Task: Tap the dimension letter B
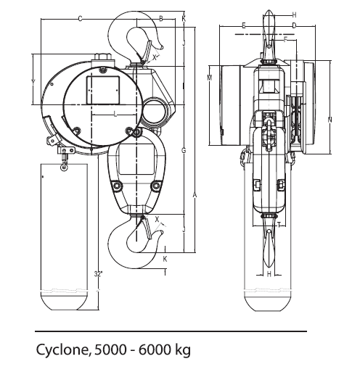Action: pos(160,18)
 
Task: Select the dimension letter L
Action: pos(115,115)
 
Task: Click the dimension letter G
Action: pos(184,150)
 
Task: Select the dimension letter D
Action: pos(294,25)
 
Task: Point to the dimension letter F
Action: pos(286,40)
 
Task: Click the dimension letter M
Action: pos(209,78)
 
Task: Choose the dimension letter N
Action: pos(330,118)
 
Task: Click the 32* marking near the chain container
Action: pos(98,273)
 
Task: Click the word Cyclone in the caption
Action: pos(62,351)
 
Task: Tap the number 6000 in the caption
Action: pos(149,351)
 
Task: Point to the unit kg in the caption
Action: pos(181,352)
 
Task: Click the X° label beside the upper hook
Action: pos(156,56)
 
